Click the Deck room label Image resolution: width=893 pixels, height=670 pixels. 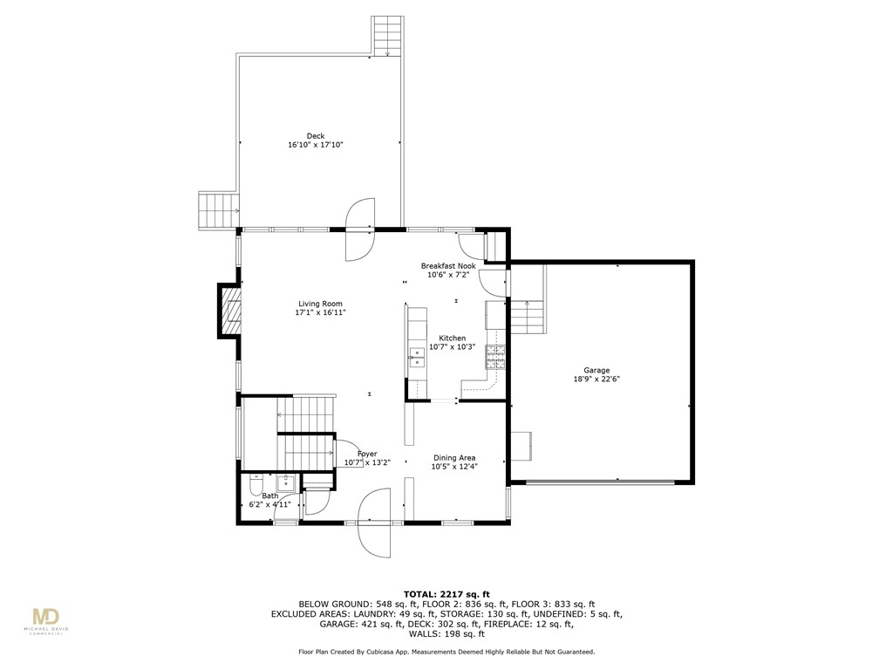(x=315, y=136)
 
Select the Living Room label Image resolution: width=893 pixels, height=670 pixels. (x=320, y=304)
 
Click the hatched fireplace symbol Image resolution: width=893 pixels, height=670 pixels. (x=229, y=311)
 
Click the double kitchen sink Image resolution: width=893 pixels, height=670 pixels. (x=416, y=355)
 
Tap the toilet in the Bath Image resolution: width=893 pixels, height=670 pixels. (x=257, y=484)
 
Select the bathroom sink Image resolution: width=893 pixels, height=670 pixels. (x=285, y=482)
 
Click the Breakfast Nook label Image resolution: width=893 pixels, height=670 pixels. (x=448, y=266)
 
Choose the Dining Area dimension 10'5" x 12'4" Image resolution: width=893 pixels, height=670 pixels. (x=455, y=467)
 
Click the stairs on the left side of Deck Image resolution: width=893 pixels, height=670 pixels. (x=219, y=210)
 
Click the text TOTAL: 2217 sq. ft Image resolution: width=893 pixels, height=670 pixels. (x=446, y=593)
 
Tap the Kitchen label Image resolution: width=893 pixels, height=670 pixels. (x=452, y=338)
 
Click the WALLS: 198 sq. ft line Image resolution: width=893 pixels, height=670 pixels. (x=446, y=633)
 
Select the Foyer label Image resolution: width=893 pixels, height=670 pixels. (x=366, y=454)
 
